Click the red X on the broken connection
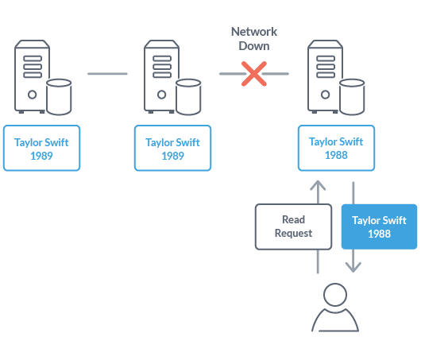tap(253, 75)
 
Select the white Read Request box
tap(293, 226)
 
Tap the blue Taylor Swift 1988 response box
tap(379, 226)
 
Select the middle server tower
tap(161, 77)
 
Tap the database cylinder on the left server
tap(60, 98)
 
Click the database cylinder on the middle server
tap(188, 98)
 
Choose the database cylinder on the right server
tap(353, 98)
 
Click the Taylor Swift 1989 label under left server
tap(41, 149)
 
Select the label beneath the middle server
tap(172, 149)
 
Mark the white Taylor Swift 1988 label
tap(336, 149)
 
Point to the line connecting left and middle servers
tap(107, 75)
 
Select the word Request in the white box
tap(293, 234)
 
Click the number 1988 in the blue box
tap(379, 234)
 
